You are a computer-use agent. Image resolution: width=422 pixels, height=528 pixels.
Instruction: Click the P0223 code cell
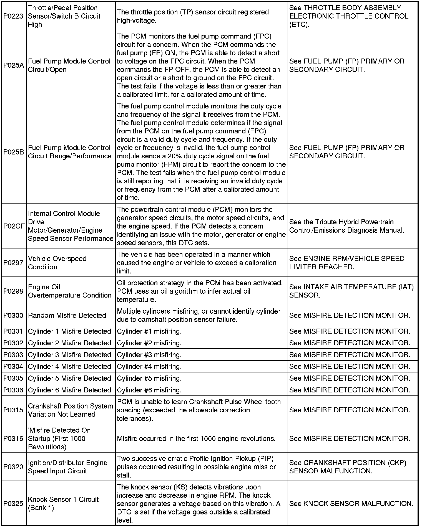[x=13, y=16]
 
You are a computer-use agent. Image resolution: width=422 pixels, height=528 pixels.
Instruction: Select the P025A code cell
[x=13, y=65]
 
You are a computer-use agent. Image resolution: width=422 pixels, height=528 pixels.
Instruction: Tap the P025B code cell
[x=13, y=152]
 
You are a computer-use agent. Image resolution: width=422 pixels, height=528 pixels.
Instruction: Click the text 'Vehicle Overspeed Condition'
[x=57, y=263]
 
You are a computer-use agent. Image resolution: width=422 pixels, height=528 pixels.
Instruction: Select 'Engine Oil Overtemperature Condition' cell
[x=69, y=291]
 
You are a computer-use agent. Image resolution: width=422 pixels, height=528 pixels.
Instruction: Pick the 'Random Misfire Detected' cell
[x=67, y=315]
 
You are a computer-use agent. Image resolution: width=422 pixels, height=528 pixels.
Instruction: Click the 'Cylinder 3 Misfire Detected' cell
[x=69, y=355]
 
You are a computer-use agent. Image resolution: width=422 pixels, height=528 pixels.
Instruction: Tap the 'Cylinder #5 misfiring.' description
[x=149, y=378]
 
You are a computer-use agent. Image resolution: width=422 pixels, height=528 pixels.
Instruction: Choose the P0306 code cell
[x=13, y=390]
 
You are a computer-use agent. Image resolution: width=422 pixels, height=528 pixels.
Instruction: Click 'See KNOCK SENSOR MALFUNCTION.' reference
[x=351, y=503]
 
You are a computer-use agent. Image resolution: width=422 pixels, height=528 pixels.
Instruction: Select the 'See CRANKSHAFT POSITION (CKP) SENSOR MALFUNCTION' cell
[x=348, y=467]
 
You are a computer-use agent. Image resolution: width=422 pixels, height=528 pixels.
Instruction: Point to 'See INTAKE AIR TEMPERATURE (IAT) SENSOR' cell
[x=351, y=291]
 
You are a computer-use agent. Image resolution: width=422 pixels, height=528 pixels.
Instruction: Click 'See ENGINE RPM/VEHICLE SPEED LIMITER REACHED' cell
[x=347, y=263]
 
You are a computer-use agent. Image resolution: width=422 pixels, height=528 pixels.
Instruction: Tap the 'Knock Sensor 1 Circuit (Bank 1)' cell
[x=63, y=503]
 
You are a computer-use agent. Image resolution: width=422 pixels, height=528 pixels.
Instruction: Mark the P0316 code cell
[x=13, y=438]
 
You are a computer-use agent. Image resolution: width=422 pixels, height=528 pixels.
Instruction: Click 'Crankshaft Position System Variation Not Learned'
[x=70, y=410]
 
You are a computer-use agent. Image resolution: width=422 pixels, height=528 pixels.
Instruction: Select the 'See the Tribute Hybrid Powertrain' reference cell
[x=346, y=226]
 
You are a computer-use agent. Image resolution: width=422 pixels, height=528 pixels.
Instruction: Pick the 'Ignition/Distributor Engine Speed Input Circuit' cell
[x=67, y=467]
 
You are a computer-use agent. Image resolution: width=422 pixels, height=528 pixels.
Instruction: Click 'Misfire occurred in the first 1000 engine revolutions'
[x=196, y=438]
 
